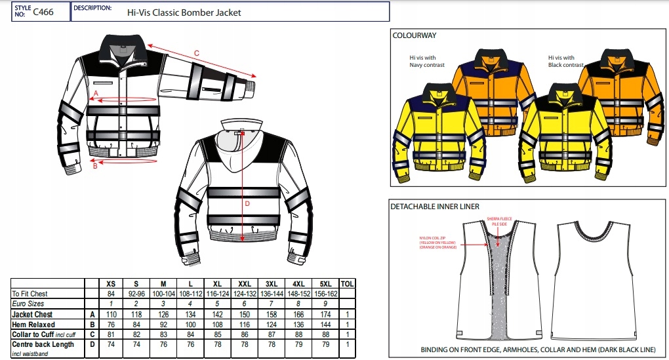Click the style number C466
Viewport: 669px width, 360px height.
pos(44,11)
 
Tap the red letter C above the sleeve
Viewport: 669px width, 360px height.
pos(196,52)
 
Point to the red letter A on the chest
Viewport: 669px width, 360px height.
pos(96,94)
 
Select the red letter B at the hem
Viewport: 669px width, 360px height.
pos(95,166)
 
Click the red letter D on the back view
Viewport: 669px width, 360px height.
pos(247,203)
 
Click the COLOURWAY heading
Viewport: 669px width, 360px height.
pos(415,35)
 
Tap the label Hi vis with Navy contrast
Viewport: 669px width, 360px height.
pos(427,62)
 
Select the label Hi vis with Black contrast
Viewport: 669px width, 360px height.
pos(565,62)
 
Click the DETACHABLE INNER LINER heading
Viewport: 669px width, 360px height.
pos(435,206)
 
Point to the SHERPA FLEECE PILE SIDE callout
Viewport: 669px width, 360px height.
pos(497,222)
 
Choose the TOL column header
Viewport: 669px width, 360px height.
pos(348,283)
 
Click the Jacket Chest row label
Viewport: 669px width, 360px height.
pos(33,315)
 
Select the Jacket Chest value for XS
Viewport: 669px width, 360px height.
pos(111,315)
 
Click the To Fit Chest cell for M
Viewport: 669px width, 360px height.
pos(163,294)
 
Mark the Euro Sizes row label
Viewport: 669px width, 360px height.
pos(28,304)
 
